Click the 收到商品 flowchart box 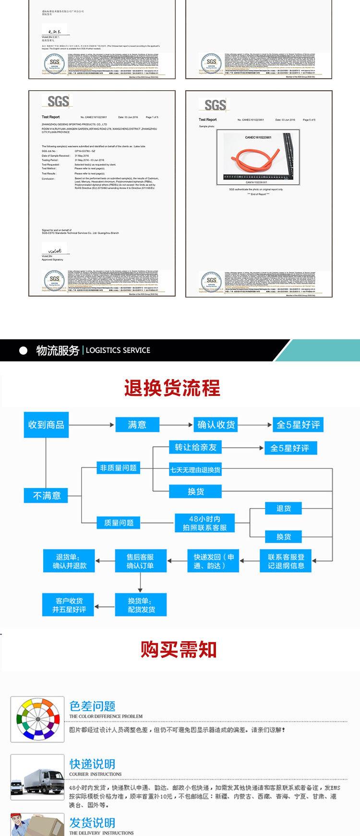tap(46, 425)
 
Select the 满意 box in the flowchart tap(137, 425)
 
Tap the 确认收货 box tap(216, 425)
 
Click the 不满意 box tap(47, 495)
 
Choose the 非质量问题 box tap(118, 468)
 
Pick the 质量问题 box tap(118, 523)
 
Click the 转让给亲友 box tap(195, 447)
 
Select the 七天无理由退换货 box tap(195, 470)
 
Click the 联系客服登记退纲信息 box tap(286, 561)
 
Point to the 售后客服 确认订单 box tap(140, 561)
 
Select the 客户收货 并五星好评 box tap(69, 605)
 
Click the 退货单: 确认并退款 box tap(69, 561)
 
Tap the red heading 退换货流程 tap(172, 388)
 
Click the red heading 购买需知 tap(179, 649)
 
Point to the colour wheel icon tap(37, 720)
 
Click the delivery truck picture tap(37, 777)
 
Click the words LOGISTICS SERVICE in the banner tap(118, 350)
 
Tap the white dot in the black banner tap(23, 351)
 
